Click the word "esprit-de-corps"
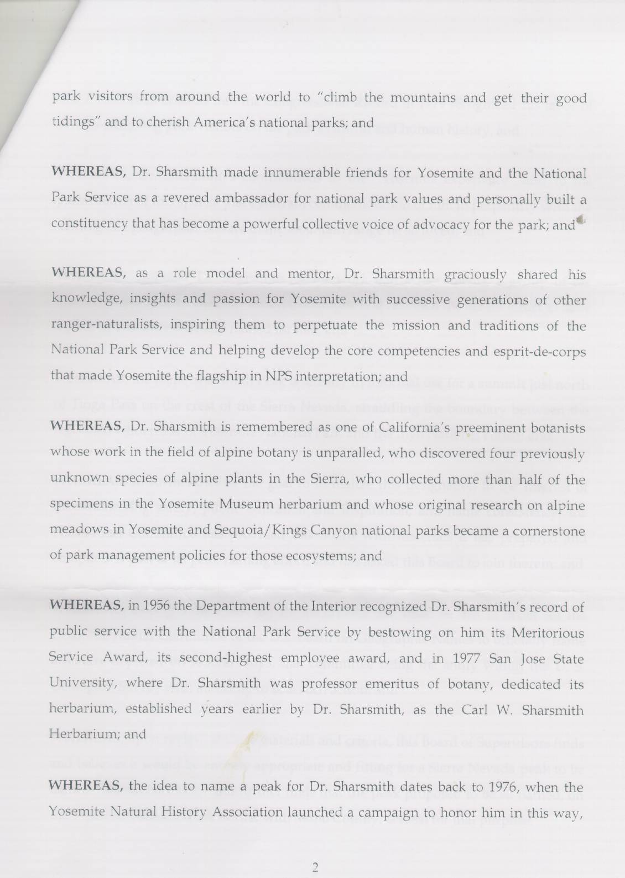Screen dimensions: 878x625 click(539, 352)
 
